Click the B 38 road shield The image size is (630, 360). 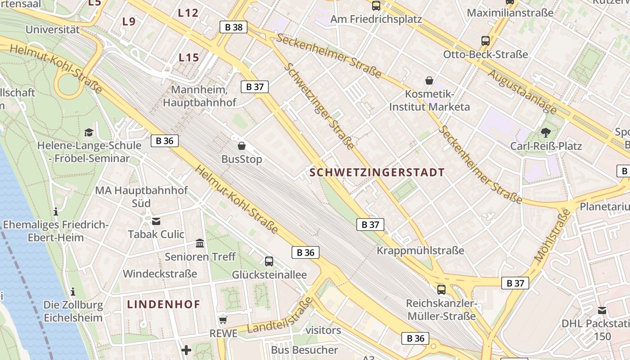point(234,27)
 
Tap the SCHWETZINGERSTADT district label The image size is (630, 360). point(377,172)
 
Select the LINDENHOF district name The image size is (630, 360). point(164,304)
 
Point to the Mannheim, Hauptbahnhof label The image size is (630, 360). point(199,96)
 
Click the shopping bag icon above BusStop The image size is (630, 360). point(242,146)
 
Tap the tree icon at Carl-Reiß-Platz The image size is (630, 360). point(546,132)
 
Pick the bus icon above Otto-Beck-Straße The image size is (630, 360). point(485,41)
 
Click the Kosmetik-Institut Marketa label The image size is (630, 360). point(429,101)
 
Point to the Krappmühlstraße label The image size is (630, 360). point(420,250)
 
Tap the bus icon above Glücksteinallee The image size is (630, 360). point(269,261)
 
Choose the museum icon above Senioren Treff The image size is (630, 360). point(200,243)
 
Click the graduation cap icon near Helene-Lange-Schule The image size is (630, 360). point(89,132)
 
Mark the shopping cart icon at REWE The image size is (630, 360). point(223,320)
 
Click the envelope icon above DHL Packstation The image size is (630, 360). point(602,310)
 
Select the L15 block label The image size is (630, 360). point(189,58)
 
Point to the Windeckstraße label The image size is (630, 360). point(160,274)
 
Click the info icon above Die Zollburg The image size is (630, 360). point(73,292)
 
